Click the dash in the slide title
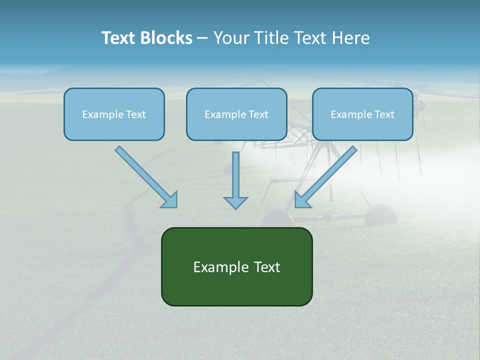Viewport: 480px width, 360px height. click(202, 38)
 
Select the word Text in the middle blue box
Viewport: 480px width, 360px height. click(258, 114)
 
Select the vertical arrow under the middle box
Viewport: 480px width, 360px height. click(235, 175)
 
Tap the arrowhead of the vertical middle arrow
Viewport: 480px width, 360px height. click(235, 202)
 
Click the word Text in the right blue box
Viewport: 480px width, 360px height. click(384, 114)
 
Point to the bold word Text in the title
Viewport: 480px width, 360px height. click(118, 38)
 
